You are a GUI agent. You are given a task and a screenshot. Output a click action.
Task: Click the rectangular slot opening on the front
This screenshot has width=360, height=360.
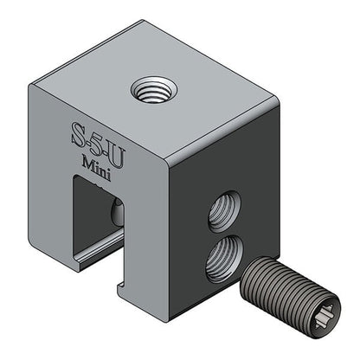point(95,216)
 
